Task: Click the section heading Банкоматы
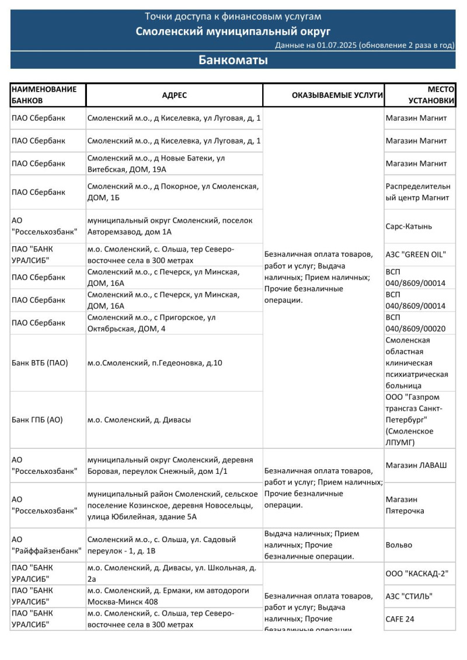pos(233,60)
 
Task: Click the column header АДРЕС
pos(175,95)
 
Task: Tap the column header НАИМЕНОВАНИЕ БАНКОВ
pos(44,95)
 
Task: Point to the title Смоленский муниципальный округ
pos(233,31)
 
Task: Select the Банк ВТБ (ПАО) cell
pos(40,363)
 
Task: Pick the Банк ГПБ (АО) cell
pos(37,420)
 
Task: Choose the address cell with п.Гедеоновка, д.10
pos(155,363)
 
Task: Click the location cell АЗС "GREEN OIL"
pos(416,254)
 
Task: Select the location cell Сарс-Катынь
pos(409,226)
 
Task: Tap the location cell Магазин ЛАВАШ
pos(416,465)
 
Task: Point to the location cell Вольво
pos(399,545)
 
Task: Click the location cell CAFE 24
pos(400,619)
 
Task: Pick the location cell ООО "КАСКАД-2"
pos(417,574)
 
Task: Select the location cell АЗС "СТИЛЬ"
pos(413,596)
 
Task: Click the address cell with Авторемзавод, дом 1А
pos(170,226)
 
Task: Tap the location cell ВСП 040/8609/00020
pos(415,323)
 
